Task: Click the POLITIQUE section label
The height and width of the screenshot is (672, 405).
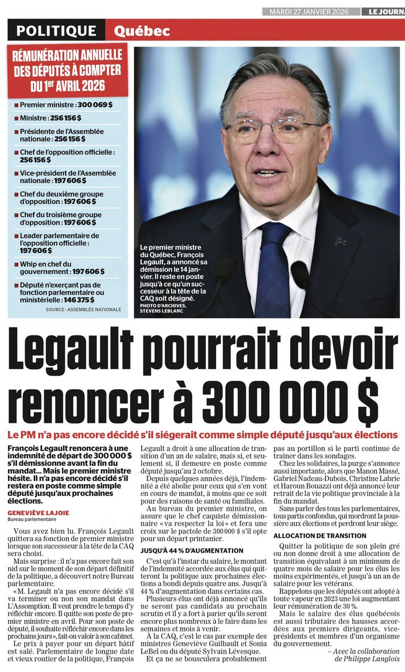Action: pyautogui.click(x=56, y=31)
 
